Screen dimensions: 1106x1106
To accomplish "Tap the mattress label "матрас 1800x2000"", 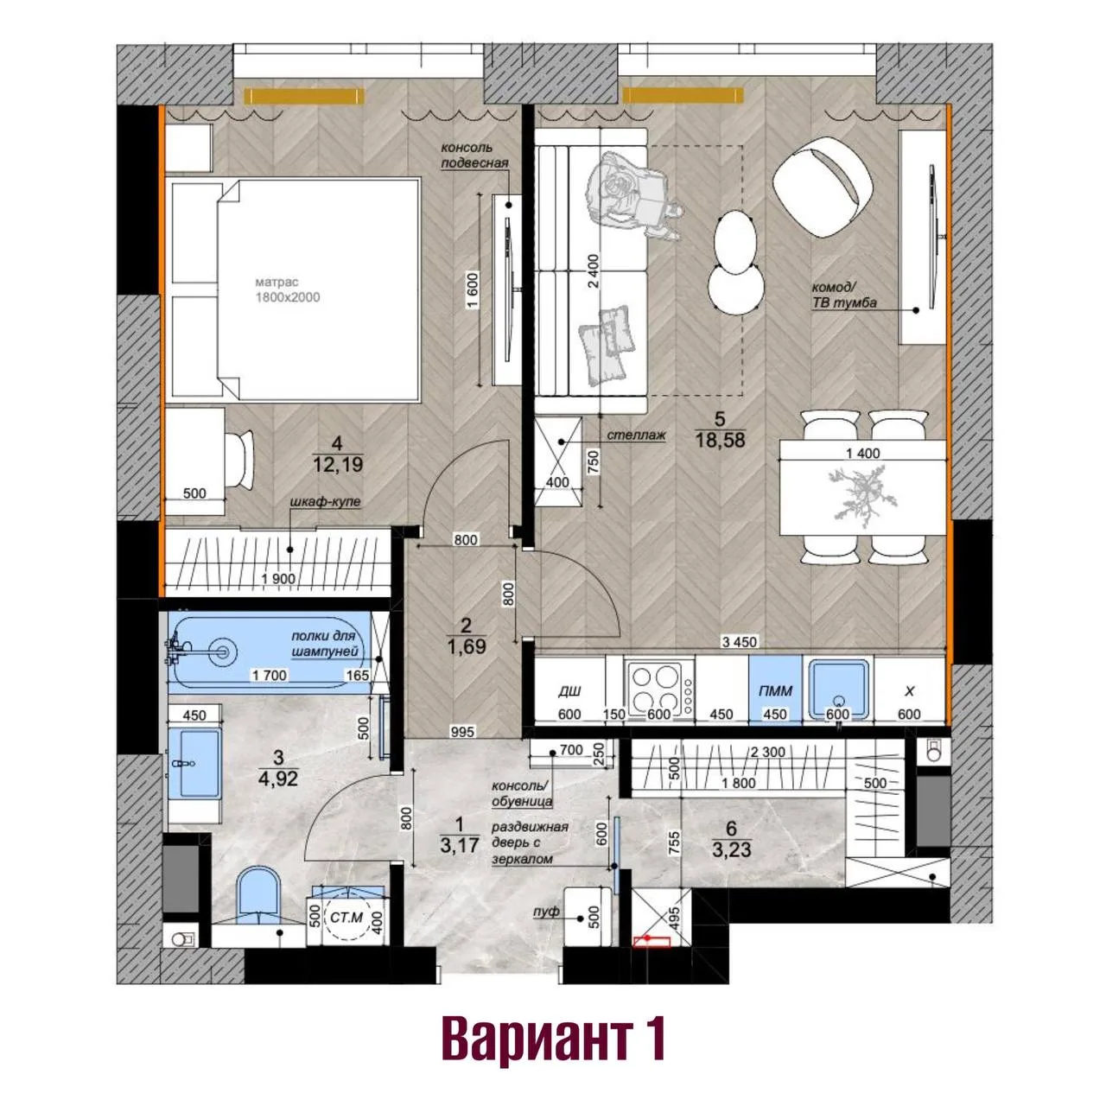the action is click(x=287, y=289).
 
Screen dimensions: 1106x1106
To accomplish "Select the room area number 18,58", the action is click(x=720, y=440).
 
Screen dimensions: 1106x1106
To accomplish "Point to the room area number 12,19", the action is click(x=338, y=464).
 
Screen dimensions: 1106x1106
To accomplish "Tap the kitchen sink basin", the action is click(x=837, y=689).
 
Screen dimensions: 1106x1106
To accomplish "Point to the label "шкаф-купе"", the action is click(x=326, y=501).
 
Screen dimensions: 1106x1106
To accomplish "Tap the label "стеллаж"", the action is click(x=637, y=435).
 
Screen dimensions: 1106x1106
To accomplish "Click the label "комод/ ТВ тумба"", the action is click(x=843, y=295).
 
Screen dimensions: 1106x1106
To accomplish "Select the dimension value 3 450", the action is click(x=740, y=642).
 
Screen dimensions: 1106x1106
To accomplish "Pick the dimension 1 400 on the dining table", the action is click(x=862, y=454).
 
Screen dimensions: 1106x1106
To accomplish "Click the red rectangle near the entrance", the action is click(x=652, y=941).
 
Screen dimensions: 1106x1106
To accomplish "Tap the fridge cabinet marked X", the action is click(x=909, y=691).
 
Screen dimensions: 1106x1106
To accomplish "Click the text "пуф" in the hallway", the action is click(x=546, y=912).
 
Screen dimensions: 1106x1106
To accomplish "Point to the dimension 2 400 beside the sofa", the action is click(x=594, y=270).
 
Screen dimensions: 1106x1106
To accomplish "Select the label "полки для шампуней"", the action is click(x=324, y=644).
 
